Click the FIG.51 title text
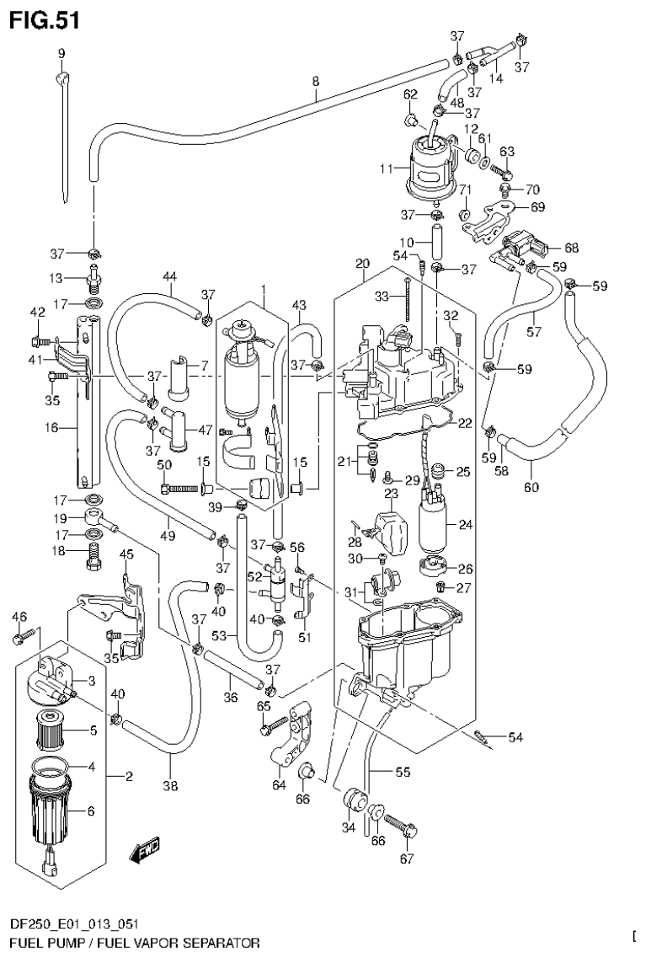tap(44, 20)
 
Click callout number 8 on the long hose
tap(315, 82)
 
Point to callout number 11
tap(387, 169)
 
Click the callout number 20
tap(362, 264)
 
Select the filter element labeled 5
tap(54, 730)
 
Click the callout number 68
tap(572, 248)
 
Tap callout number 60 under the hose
tap(531, 487)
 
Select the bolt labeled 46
tap(23, 638)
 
